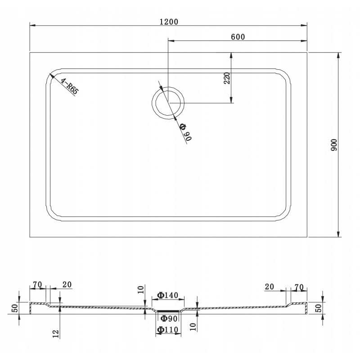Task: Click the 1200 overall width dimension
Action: click(169, 22)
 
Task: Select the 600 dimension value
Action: click(238, 37)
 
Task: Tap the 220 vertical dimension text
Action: click(227, 78)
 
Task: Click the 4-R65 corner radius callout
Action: click(70, 86)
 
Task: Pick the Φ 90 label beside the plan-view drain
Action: click(185, 132)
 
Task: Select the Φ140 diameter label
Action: click(167, 295)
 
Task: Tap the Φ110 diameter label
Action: click(167, 330)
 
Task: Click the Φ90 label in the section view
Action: click(169, 319)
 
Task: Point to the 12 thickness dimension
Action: click(56, 334)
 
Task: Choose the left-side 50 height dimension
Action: click(14, 308)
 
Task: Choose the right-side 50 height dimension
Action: click(319, 308)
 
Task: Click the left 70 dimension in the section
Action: click(37, 284)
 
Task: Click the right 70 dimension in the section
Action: click(299, 287)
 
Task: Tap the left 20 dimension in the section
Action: click(67, 284)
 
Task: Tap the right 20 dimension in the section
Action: click(269, 287)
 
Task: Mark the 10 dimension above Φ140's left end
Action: click(141, 289)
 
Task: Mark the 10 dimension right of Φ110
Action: click(193, 327)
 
